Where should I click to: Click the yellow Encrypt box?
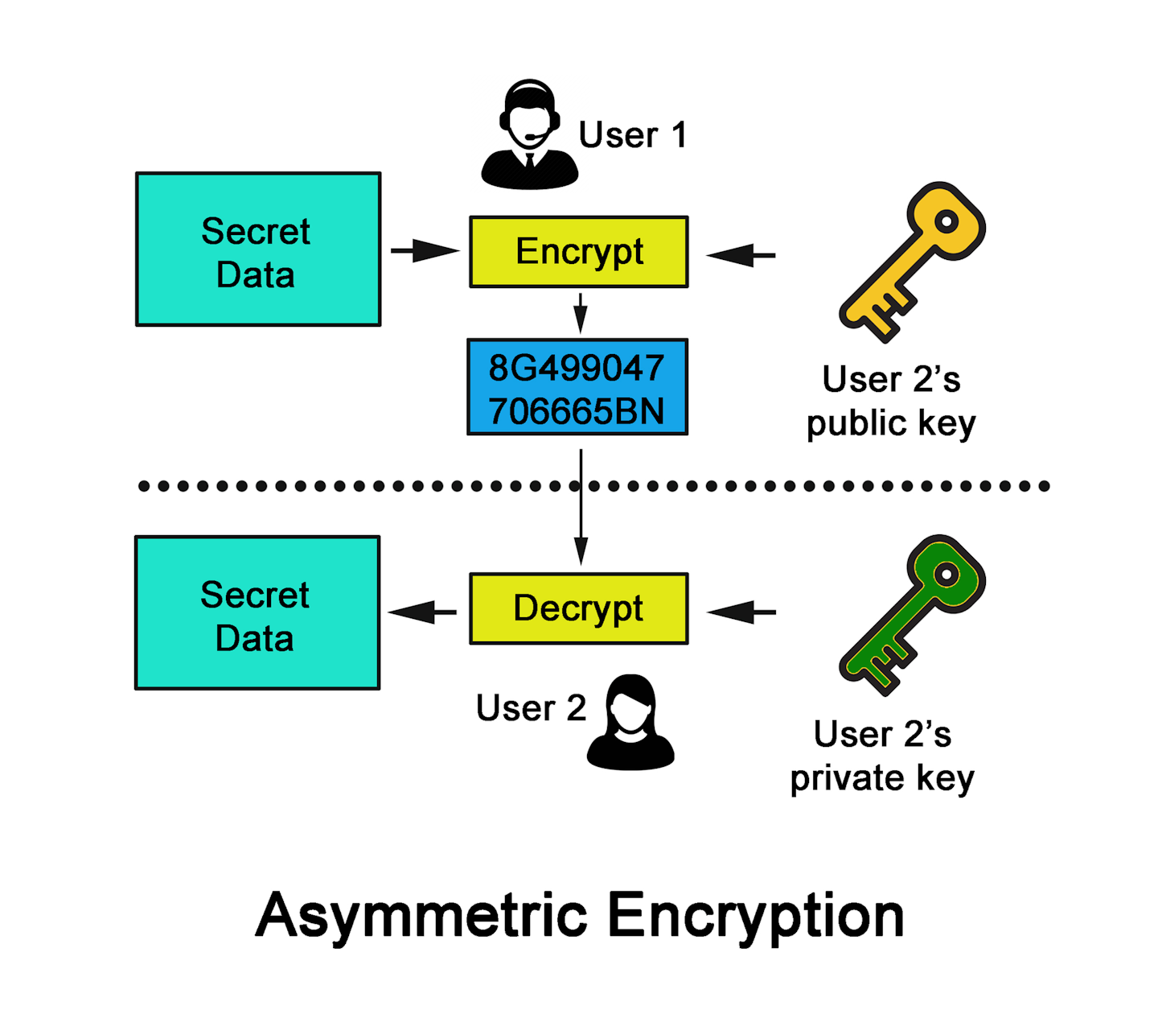(578, 252)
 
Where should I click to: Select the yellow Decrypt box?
(578, 608)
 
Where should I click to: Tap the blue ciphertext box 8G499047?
(577, 387)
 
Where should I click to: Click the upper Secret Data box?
(257, 249)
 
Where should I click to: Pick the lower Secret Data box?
(257, 613)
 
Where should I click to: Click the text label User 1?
(633, 135)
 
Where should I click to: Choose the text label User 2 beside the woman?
(531, 708)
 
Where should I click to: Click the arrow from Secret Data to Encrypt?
(424, 251)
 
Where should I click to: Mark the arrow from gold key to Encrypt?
(741, 255)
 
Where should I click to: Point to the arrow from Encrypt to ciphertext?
(581, 313)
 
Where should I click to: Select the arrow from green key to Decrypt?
(741, 612)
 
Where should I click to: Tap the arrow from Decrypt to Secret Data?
(423, 612)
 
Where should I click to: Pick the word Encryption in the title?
(755, 917)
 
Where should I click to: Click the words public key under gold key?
(890, 424)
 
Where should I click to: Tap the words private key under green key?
(881, 779)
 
